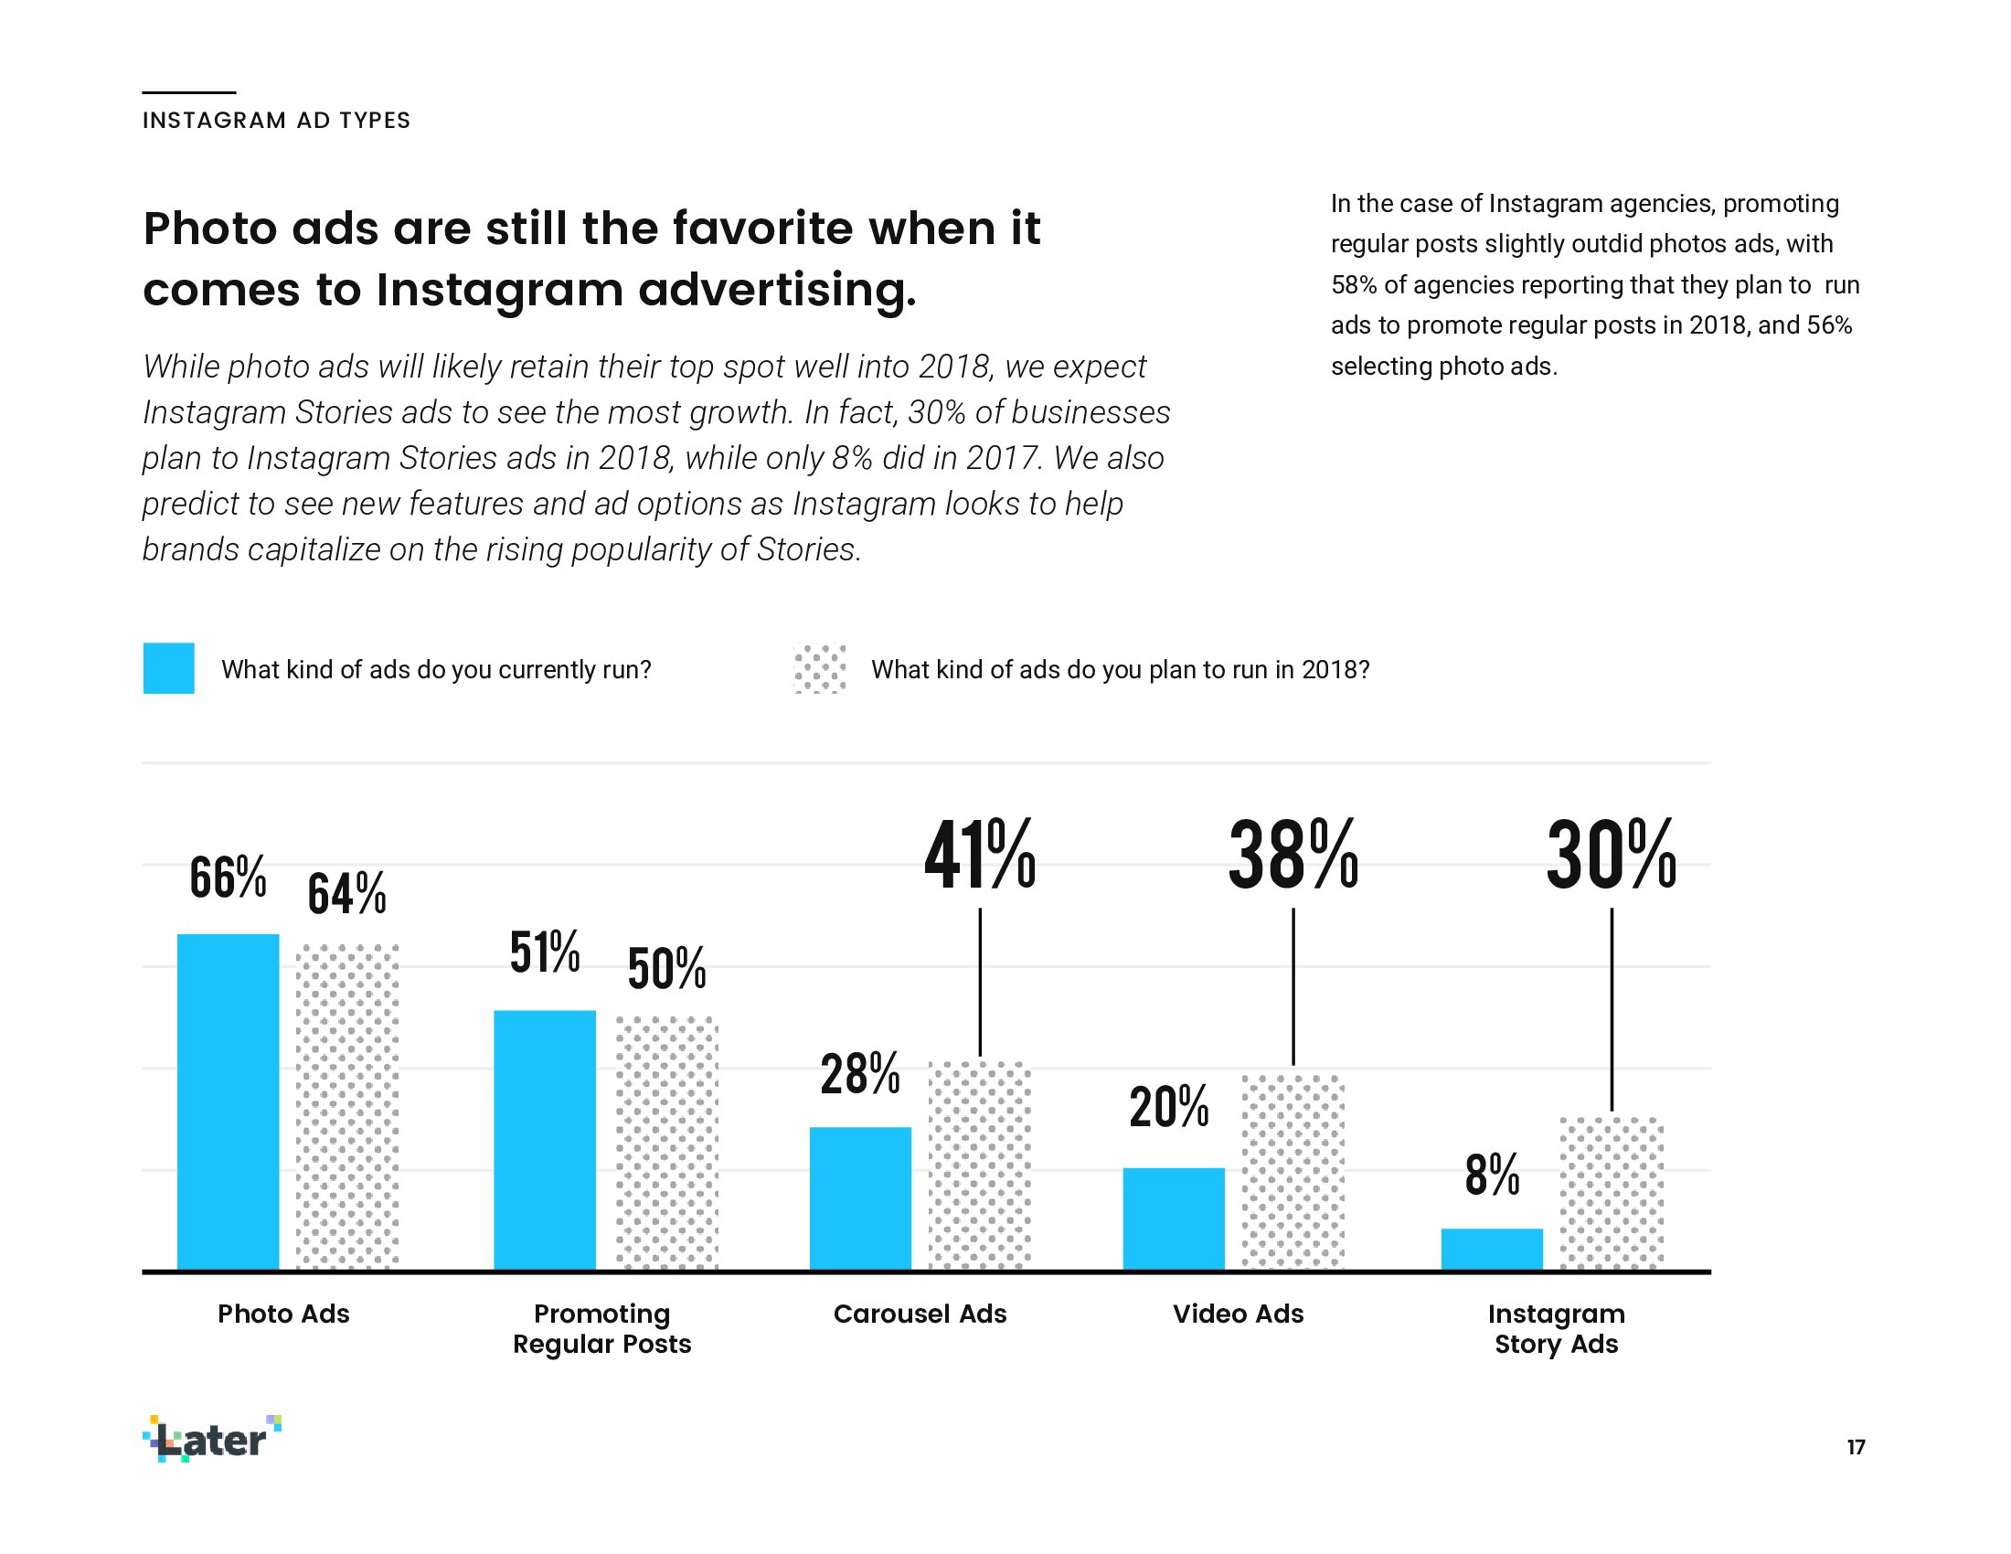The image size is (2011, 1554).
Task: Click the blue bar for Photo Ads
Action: click(x=228, y=1102)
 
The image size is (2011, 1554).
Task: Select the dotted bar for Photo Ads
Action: click(x=347, y=1107)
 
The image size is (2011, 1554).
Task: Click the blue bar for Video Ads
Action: click(x=1173, y=1219)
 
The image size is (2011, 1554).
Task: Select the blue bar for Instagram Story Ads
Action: click(x=1492, y=1250)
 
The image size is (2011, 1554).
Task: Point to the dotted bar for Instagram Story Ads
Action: click(x=1612, y=1193)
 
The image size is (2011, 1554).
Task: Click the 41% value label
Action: click(x=980, y=857)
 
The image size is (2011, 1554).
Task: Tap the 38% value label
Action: click(x=1293, y=857)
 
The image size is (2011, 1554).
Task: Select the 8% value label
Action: click(x=1492, y=1176)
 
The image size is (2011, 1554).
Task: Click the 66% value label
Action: click(x=228, y=878)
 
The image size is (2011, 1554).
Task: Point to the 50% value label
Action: click(x=666, y=968)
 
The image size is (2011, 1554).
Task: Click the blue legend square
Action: click(x=168, y=668)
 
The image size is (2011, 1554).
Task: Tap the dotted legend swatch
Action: click(x=820, y=668)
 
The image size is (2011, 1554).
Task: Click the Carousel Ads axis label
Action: click(x=920, y=1314)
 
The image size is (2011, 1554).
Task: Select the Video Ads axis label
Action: click(x=1238, y=1314)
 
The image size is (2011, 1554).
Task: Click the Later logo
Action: click(x=213, y=1439)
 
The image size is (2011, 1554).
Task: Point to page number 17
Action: click(x=1856, y=1447)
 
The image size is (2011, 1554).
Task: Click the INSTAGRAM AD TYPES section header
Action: click(x=276, y=121)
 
